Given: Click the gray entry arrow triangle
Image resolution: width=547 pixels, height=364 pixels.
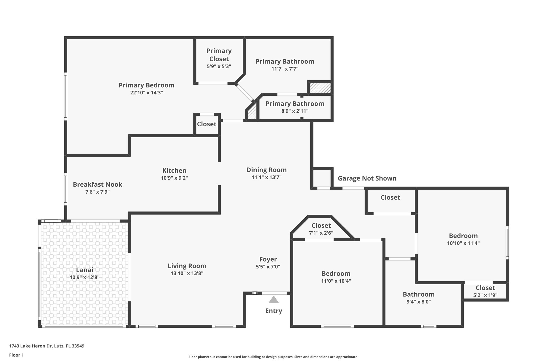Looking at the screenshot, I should pyautogui.click(x=273, y=300).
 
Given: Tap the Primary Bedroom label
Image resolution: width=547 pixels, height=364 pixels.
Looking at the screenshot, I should pyautogui.click(x=146, y=85).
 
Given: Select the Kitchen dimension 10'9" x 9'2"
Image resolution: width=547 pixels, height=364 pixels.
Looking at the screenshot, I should pyautogui.click(x=174, y=178).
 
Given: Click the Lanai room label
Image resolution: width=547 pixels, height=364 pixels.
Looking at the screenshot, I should pyautogui.click(x=85, y=270).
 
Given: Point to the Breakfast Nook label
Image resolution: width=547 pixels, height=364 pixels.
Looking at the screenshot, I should pyautogui.click(x=97, y=185).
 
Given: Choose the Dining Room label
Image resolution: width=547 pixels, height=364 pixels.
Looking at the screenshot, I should pyautogui.click(x=266, y=170).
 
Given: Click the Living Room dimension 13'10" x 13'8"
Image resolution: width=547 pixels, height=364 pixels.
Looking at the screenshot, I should pyautogui.click(x=187, y=273).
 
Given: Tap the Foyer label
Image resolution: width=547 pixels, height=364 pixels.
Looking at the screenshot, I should pyautogui.click(x=268, y=259).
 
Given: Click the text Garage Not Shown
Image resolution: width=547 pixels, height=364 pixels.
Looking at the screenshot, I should pyautogui.click(x=367, y=178).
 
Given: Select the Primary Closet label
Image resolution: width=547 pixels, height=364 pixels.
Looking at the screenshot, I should pyautogui.click(x=219, y=55).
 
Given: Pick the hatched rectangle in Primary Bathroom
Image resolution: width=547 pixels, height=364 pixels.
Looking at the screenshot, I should pyautogui.click(x=320, y=88).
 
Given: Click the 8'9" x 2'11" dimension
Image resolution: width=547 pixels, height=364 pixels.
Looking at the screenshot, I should pyautogui.click(x=295, y=111).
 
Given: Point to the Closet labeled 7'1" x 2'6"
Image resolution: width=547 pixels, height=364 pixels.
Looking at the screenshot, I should pyautogui.click(x=321, y=226).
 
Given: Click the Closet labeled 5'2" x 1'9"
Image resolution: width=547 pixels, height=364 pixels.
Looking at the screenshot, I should pyautogui.click(x=485, y=288).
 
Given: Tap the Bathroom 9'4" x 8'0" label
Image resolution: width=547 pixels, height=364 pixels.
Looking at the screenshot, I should pyautogui.click(x=419, y=294).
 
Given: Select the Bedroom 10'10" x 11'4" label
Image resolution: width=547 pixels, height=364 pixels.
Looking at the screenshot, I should pyautogui.click(x=463, y=236).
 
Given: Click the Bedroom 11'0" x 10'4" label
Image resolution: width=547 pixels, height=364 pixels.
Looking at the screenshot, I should pyautogui.click(x=336, y=274).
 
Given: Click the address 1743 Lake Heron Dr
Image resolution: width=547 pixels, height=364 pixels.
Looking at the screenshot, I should pyautogui.click(x=47, y=346).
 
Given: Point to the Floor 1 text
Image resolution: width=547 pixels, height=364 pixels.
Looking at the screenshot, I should pyautogui.click(x=17, y=355).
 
